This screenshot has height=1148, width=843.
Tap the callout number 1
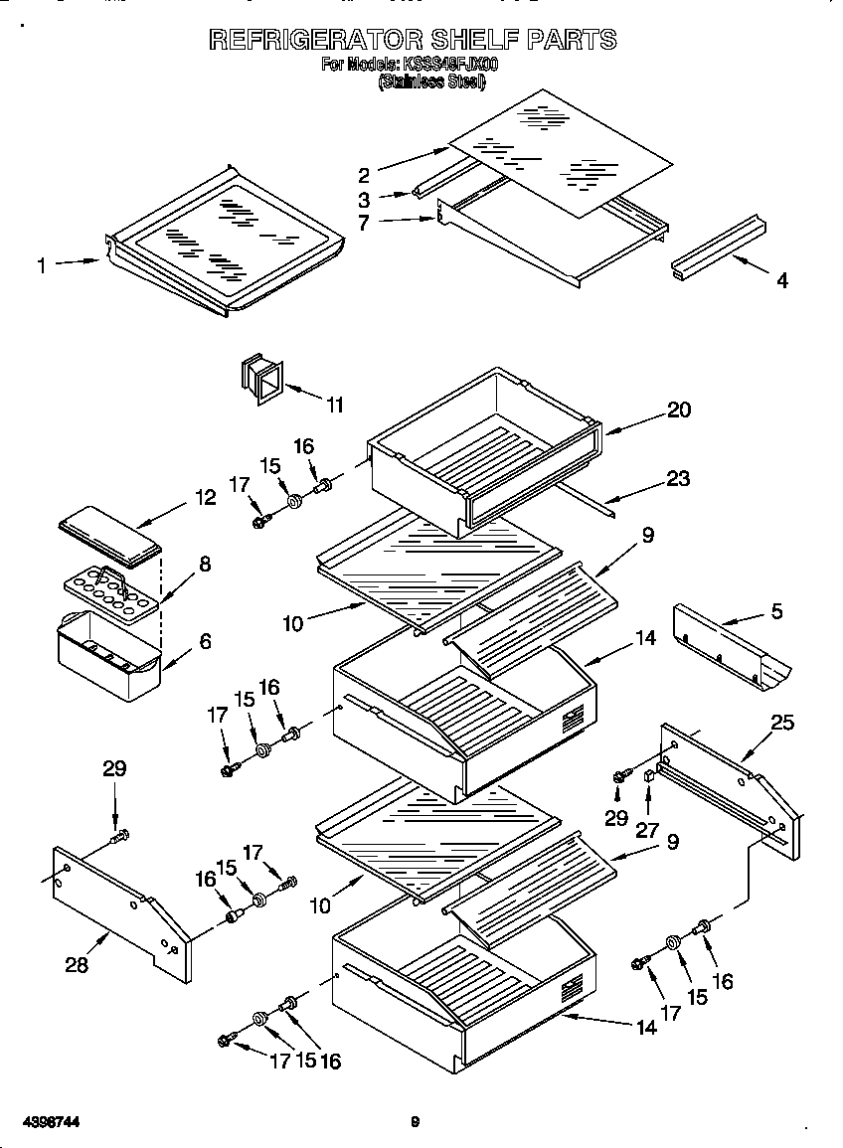(41, 265)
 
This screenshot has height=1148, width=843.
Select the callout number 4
(782, 281)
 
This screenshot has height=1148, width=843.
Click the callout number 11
(335, 405)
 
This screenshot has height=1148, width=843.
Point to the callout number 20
(679, 410)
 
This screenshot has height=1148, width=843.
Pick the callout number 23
(678, 478)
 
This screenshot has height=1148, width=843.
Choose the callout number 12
(205, 497)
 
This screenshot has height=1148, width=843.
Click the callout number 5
(776, 612)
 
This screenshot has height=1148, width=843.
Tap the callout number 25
(782, 723)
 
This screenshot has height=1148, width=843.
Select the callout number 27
(647, 830)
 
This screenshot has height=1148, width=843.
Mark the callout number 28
(76, 964)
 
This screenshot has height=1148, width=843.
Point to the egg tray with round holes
(110, 590)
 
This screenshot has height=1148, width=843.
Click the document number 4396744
(43, 1122)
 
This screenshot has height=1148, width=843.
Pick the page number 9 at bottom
(416, 1122)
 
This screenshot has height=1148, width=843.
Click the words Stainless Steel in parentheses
(430, 83)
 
